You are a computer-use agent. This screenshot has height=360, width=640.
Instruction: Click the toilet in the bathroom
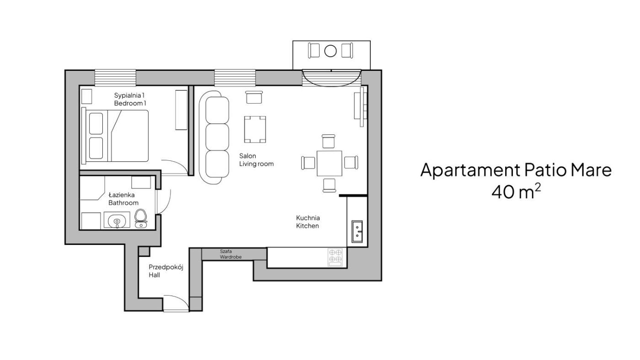click(141, 218)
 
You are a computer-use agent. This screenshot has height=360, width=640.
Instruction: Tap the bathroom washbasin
click(117, 220)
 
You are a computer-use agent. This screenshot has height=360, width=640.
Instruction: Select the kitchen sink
click(357, 231)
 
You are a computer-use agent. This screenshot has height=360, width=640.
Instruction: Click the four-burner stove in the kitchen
click(335, 257)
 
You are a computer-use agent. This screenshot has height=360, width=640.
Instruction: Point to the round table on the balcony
click(330, 51)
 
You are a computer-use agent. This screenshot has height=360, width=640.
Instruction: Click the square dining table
click(329, 163)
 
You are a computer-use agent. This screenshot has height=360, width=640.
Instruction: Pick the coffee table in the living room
click(255, 129)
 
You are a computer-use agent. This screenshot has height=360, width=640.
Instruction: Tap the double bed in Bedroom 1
click(115, 136)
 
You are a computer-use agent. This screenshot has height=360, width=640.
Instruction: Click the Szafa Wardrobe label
click(230, 254)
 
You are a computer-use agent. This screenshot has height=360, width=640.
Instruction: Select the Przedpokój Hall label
click(165, 271)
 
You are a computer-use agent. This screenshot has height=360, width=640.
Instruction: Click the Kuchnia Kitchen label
click(308, 222)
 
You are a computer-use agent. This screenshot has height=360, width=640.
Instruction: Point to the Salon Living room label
click(256, 160)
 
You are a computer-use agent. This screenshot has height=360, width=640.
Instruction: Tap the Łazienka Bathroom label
click(123, 199)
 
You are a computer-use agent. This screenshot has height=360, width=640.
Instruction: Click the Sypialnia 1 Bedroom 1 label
click(130, 99)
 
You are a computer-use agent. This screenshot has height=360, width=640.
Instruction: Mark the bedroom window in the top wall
click(115, 78)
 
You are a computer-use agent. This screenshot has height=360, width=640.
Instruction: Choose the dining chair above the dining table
click(328, 141)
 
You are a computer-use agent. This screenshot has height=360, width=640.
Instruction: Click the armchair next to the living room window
click(254, 97)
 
